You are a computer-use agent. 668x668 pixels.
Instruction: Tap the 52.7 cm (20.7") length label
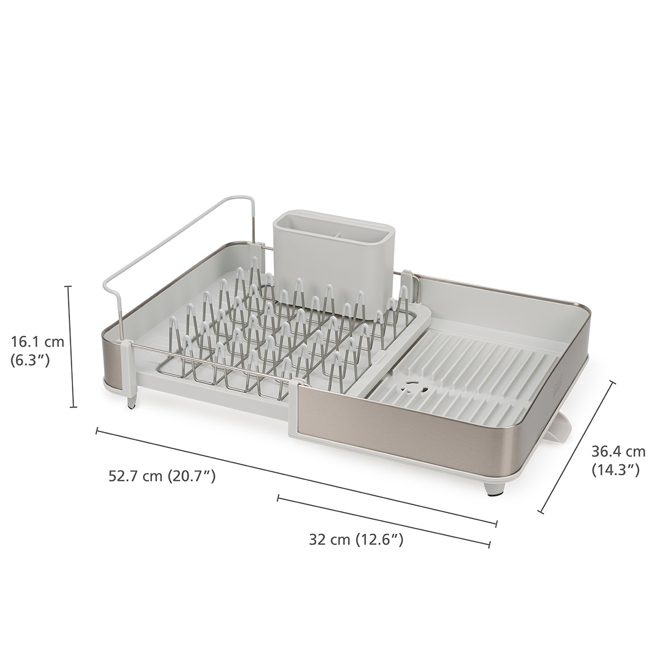(162, 476)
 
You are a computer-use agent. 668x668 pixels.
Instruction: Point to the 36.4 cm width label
(618, 451)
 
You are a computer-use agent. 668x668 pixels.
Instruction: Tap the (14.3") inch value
(615, 471)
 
